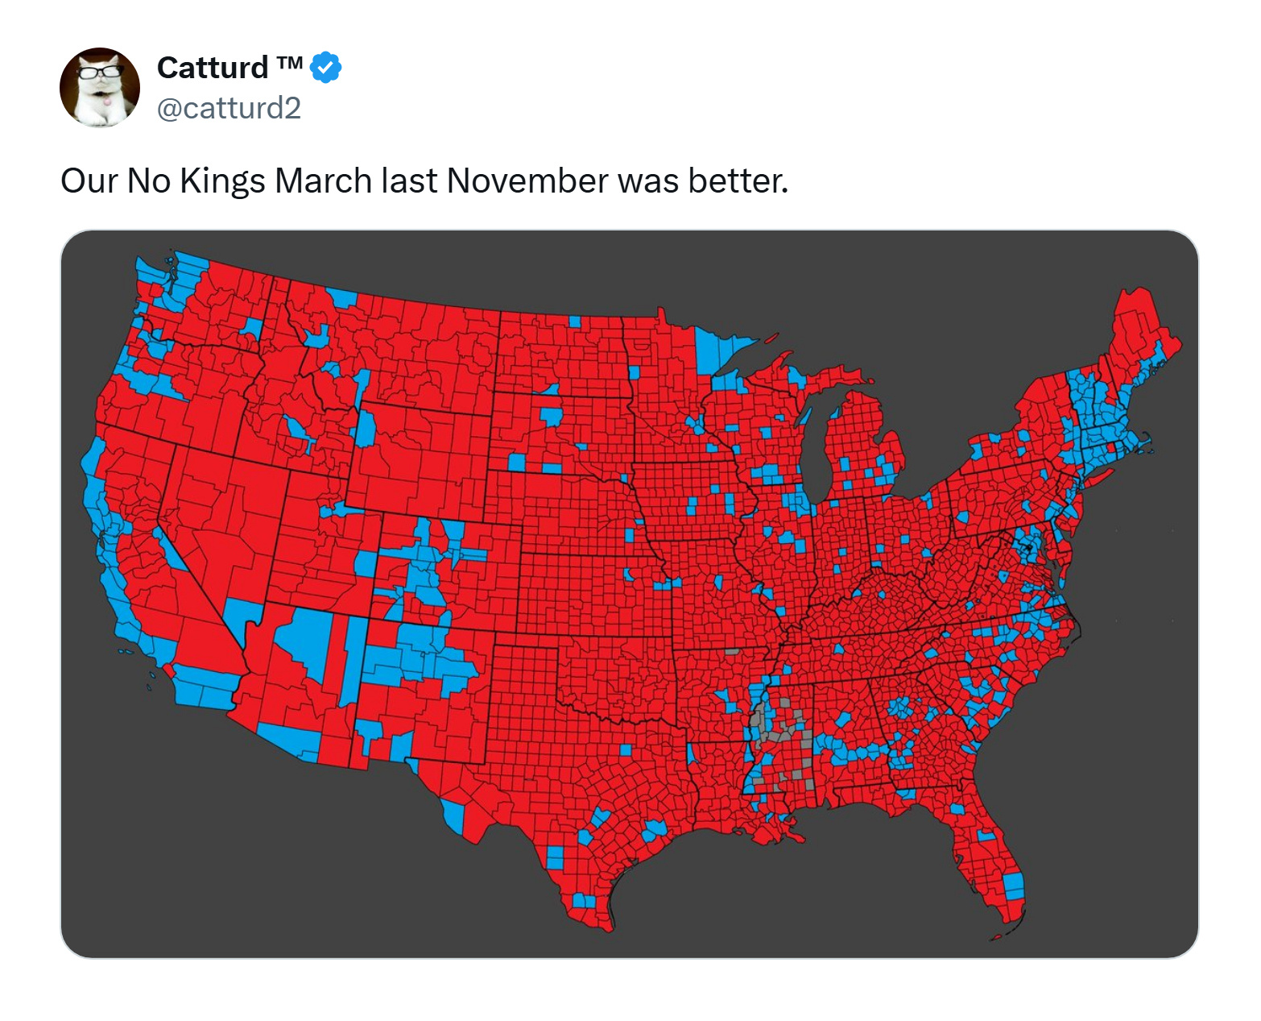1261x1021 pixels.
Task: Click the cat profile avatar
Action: click(100, 87)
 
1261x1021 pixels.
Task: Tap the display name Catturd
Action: click(213, 68)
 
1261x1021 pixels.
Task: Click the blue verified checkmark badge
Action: click(326, 68)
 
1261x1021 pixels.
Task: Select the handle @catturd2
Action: click(229, 108)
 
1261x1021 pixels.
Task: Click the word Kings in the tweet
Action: click(222, 181)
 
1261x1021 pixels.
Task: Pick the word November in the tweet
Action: click(527, 181)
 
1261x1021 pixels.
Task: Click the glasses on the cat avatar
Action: click(100, 72)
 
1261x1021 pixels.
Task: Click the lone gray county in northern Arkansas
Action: click(732, 651)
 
